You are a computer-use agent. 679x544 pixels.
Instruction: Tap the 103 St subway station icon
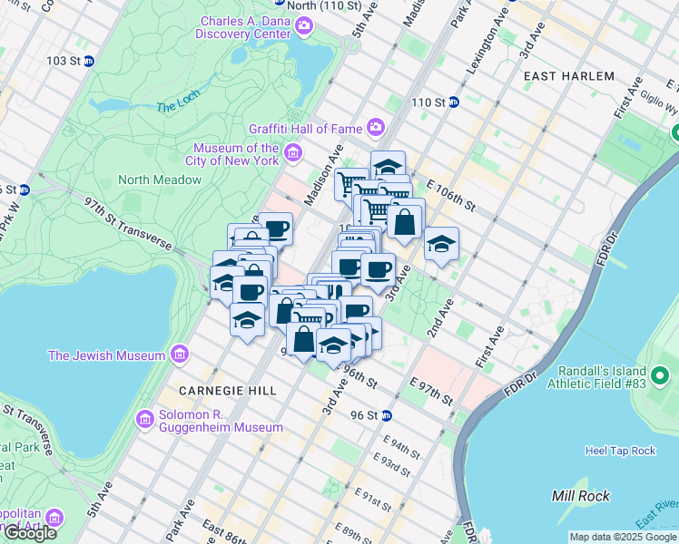(89, 61)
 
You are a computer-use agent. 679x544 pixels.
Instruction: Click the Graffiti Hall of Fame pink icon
(373, 127)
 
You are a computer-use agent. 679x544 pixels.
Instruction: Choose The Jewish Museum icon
(179, 354)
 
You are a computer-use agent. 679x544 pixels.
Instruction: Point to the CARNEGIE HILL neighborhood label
(214, 390)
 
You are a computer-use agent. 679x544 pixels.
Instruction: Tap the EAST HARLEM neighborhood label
(568, 76)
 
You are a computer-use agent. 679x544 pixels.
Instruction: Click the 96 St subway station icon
(386, 416)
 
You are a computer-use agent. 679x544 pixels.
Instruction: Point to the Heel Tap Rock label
(620, 451)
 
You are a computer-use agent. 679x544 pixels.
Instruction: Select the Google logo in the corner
(30, 533)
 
